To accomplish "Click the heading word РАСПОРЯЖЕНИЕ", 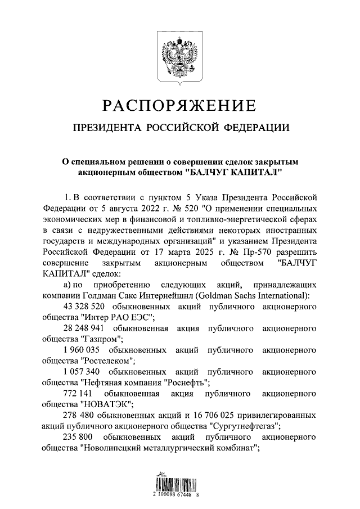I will (179, 106).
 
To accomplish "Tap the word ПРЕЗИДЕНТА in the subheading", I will (106, 128).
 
